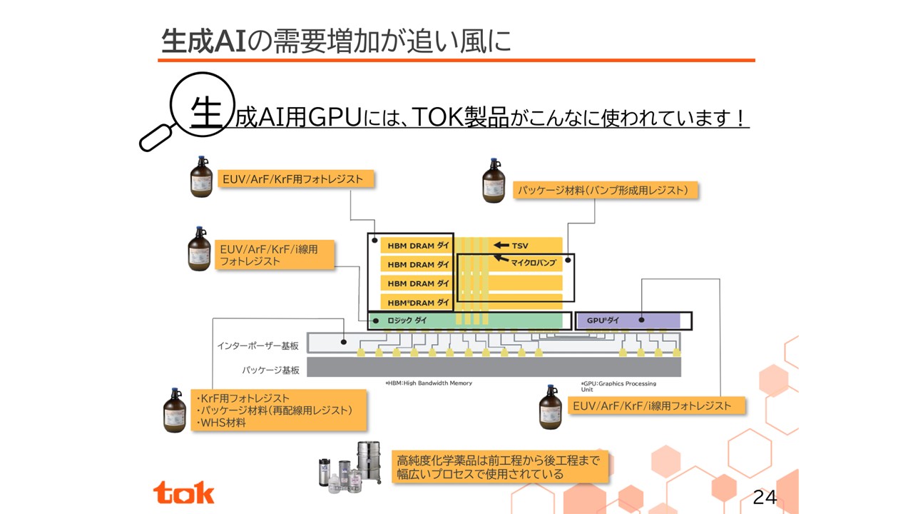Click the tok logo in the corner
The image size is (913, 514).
[183, 492]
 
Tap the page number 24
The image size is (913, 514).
[764, 498]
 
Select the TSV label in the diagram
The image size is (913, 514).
[520, 246]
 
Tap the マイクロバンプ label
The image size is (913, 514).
[533, 263]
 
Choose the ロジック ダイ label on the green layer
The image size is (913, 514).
[407, 321]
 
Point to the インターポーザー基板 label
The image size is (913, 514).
[258, 346]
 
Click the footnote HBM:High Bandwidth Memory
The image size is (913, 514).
[429, 383]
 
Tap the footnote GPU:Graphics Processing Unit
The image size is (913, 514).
[618, 386]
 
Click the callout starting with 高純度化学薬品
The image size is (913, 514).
[499, 466]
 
